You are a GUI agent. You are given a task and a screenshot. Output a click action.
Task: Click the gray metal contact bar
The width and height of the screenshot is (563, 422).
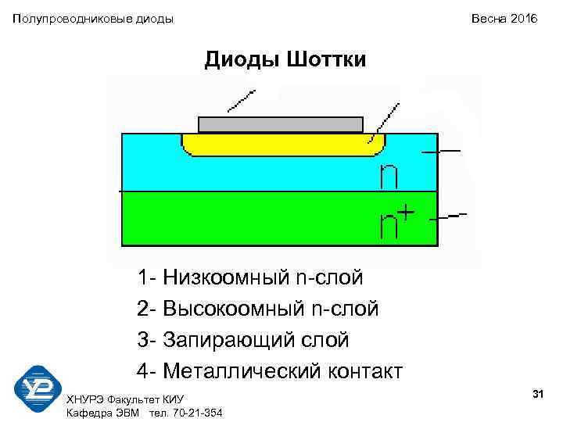pyautogui.click(x=281, y=124)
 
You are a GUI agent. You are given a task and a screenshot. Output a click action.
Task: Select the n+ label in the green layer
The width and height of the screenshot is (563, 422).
pyautogui.click(x=396, y=223)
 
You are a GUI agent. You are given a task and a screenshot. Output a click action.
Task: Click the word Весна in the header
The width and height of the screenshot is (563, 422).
pyautogui.click(x=486, y=18)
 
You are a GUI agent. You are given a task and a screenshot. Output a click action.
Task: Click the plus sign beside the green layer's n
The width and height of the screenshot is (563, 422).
pyautogui.click(x=407, y=212)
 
